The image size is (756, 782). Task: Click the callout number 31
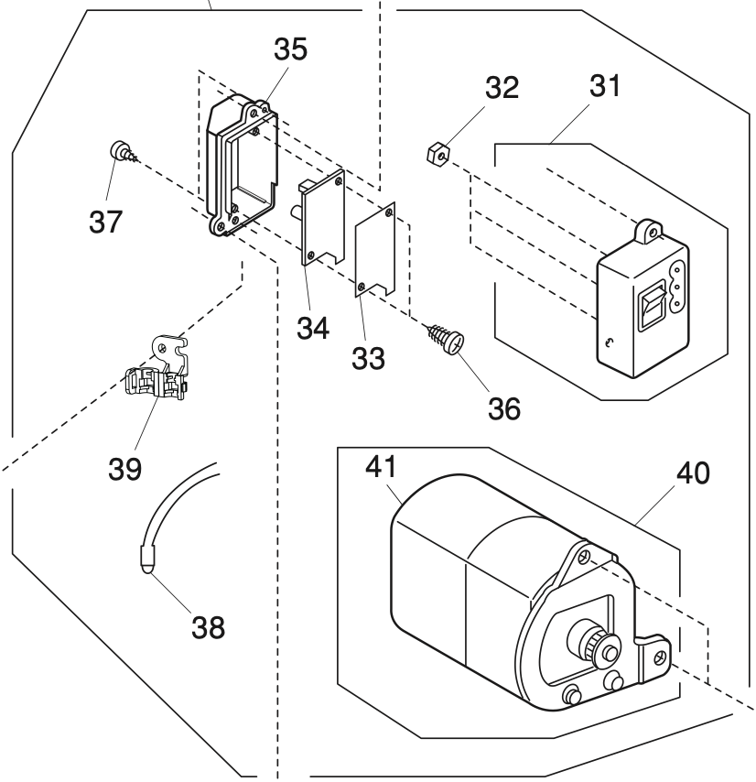tap(604, 90)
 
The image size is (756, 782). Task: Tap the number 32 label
tap(502, 90)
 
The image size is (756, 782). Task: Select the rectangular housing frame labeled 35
tap(241, 169)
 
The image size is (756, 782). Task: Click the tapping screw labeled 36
tap(445, 341)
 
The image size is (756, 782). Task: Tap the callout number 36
tap(502, 407)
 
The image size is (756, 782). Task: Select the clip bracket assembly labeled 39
tap(156, 372)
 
